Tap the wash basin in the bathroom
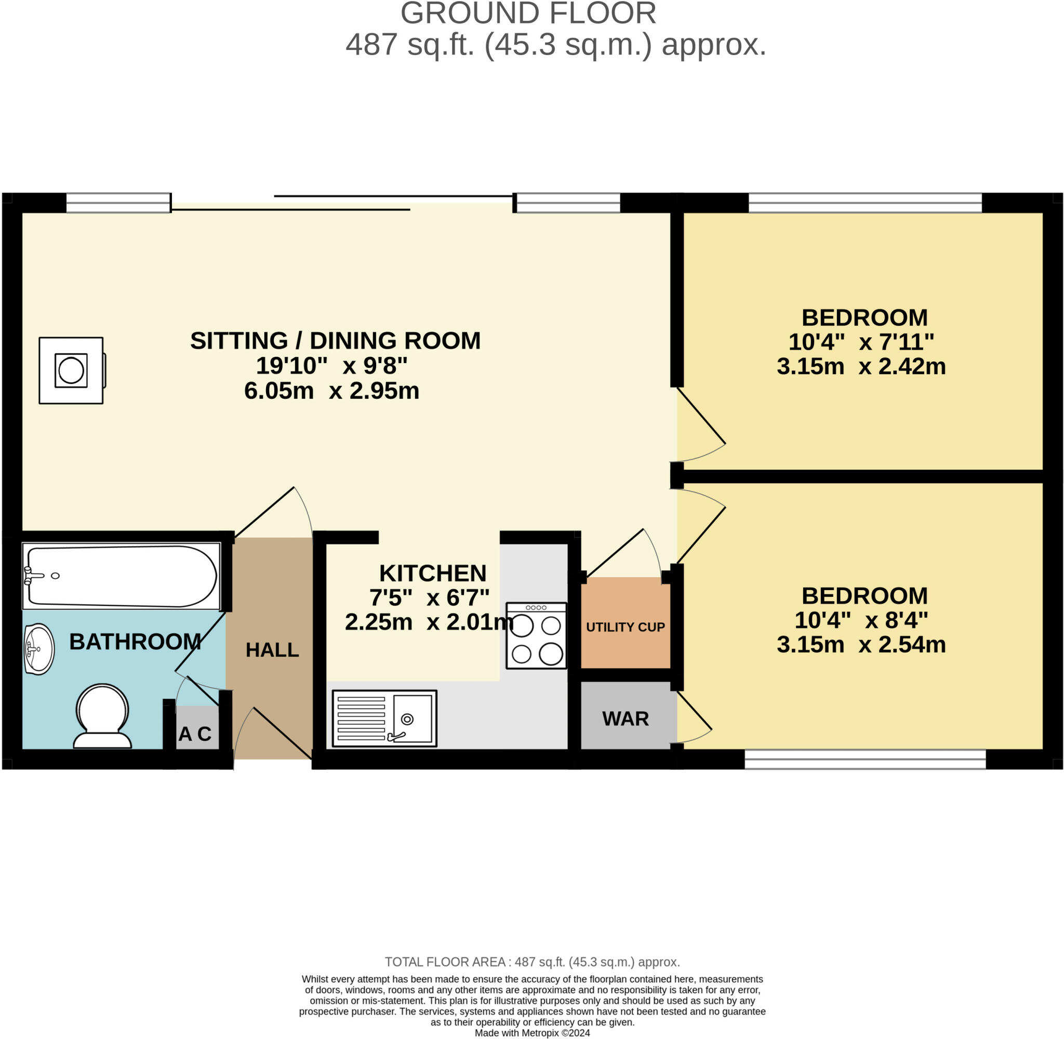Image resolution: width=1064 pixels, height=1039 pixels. pyautogui.click(x=39, y=649)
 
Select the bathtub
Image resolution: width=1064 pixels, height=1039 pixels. pyautogui.click(x=121, y=576)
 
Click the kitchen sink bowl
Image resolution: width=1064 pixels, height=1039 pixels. pyautogui.click(x=412, y=718)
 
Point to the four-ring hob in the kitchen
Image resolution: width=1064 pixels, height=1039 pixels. pyautogui.click(x=536, y=635)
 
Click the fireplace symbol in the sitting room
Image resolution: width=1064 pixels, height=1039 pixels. pyautogui.click(x=72, y=370)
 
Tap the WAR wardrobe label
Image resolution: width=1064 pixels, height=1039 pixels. pyautogui.click(x=626, y=718)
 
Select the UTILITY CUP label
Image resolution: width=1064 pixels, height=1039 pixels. pyautogui.click(x=626, y=627)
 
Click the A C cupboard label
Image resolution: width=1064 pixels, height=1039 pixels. pyautogui.click(x=195, y=734)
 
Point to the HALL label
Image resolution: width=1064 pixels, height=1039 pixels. pyautogui.click(x=272, y=650)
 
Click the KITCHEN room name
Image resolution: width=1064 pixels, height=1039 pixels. pyautogui.click(x=433, y=574)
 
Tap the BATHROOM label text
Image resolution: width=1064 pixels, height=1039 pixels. pyautogui.click(x=135, y=642)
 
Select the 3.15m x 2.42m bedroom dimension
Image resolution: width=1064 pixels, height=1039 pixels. pyautogui.click(x=861, y=366)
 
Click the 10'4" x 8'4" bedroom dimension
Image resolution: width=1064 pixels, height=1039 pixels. pyautogui.click(x=861, y=620)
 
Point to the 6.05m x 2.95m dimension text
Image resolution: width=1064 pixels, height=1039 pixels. pyautogui.click(x=332, y=391)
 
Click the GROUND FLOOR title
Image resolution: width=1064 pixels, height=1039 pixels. pyautogui.click(x=528, y=14)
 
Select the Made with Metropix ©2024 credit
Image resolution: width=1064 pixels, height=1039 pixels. pyautogui.click(x=532, y=1033)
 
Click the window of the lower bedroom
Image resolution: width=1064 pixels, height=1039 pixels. pyautogui.click(x=865, y=759)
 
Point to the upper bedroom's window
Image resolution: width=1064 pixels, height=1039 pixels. pyautogui.click(x=865, y=203)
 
